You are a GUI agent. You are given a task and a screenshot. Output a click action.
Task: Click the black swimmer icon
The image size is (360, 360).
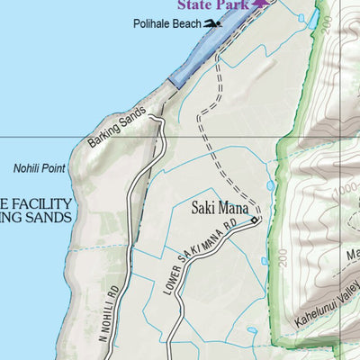212,23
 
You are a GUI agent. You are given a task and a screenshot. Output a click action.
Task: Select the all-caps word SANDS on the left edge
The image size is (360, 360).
49,219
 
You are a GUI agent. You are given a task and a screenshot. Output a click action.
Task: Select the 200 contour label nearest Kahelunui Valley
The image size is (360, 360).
283,264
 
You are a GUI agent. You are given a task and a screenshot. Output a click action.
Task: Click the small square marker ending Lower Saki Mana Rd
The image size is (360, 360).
255,220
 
